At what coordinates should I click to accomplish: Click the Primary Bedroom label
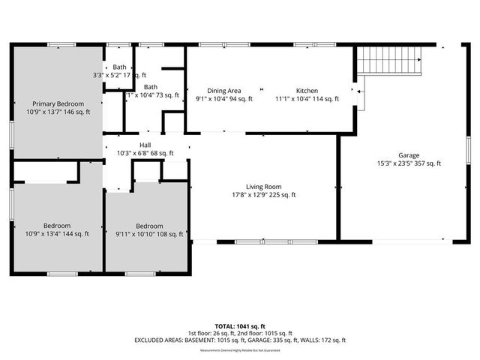coord(58,103)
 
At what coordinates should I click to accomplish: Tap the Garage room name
coord(409,155)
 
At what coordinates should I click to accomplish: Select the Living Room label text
coord(263,187)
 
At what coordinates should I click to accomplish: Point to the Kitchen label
coord(307,90)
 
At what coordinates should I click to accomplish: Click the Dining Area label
coord(223,90)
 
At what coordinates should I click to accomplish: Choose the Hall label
coord(145,145)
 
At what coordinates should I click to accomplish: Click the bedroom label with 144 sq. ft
coord(57,226)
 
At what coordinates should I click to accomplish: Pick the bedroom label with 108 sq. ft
coord(149,226)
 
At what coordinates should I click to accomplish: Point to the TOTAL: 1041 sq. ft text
coord(240,326)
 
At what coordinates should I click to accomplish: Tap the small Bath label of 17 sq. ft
coord(120,67)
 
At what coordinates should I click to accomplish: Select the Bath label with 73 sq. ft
coord(151,86)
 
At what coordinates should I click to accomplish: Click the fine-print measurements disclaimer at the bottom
coord(240,349)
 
